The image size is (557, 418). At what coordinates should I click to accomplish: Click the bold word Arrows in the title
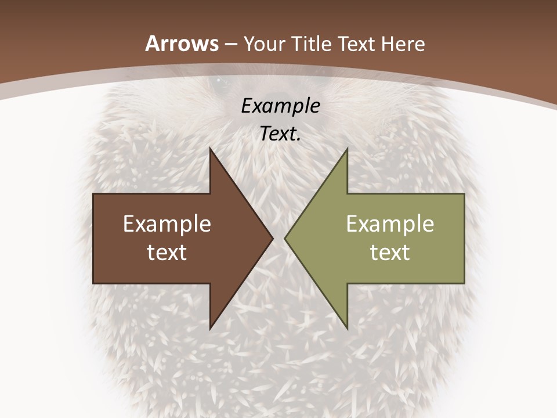point(182,44)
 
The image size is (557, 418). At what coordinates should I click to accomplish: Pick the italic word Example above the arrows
point(280,106)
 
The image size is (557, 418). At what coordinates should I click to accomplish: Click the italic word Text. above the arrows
point(280,134)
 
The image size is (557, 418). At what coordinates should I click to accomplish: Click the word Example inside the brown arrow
point(167,224)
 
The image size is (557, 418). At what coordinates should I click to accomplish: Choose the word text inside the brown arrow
point(167,252)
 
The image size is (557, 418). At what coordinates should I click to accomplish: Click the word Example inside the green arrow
point(390,224)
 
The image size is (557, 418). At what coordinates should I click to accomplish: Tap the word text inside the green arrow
point(390,252)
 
